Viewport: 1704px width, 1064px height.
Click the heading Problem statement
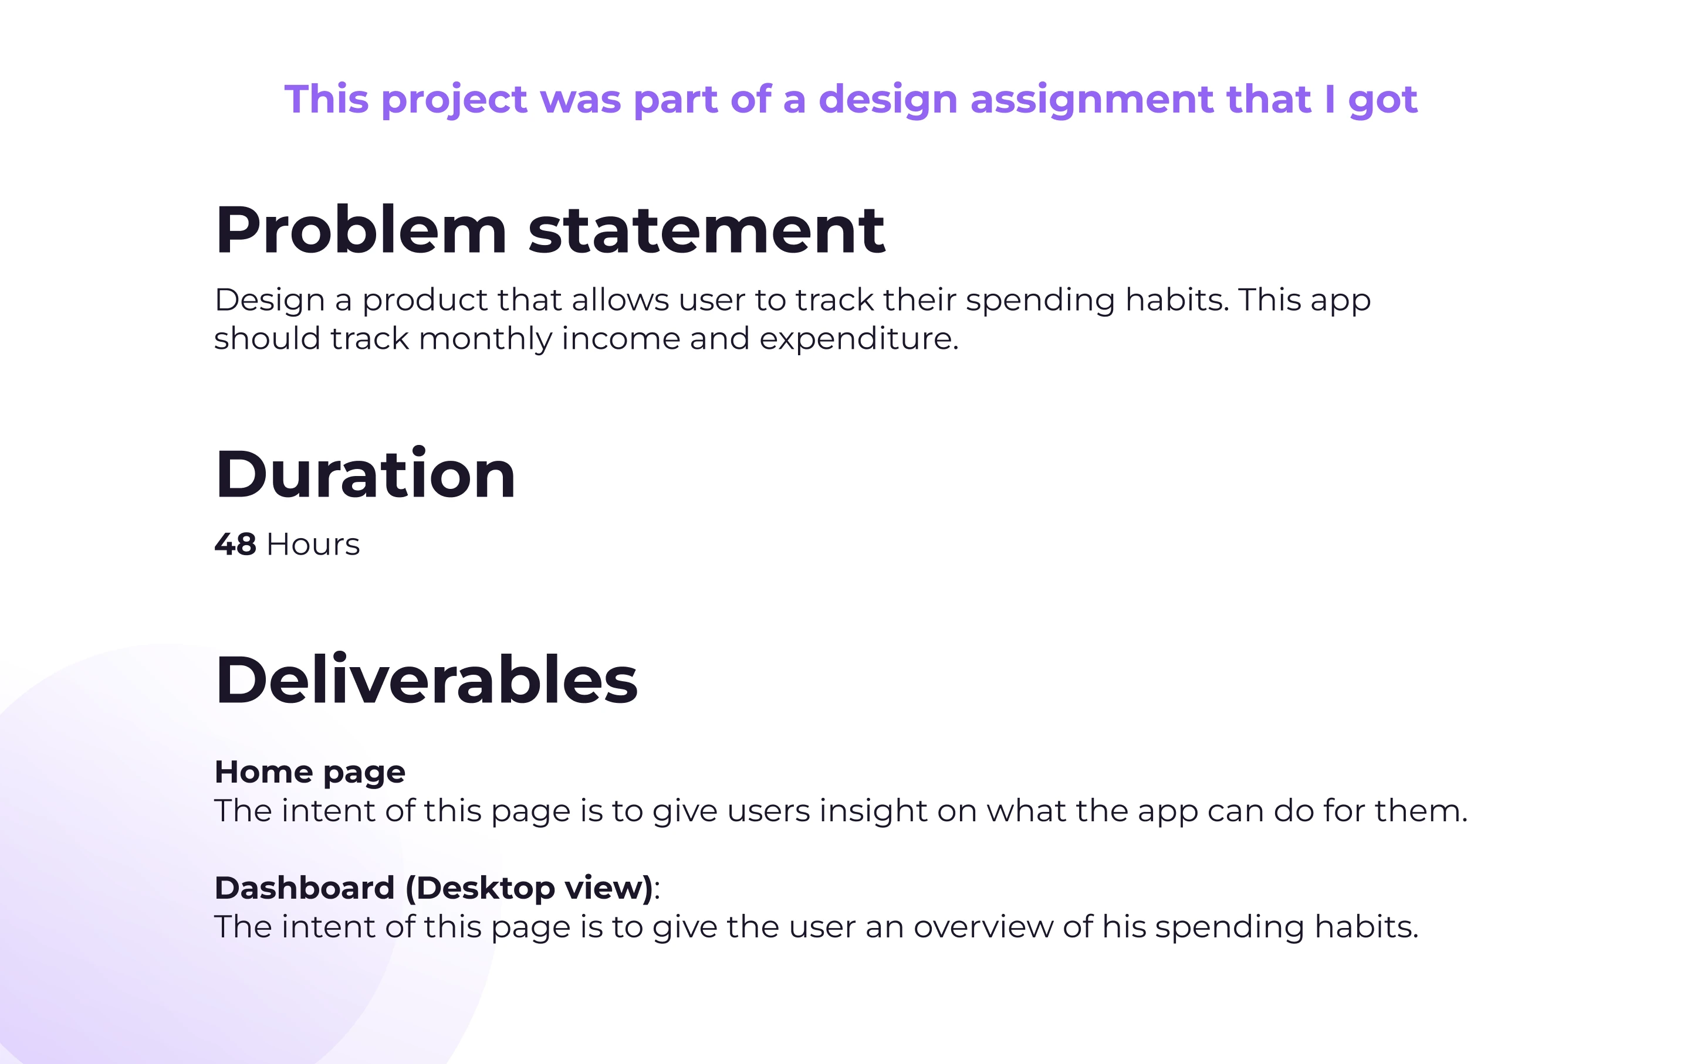pyautogui.click(x=550, y=230)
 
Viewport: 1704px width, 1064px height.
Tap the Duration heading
pyautogui.click(x=366, y=474)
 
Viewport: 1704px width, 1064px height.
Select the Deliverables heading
pyautogui.click(x=427, y=679)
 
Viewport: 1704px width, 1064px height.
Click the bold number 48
pyautogui.click(x=235, y=545)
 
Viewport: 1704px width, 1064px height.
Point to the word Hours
pyautogui.click(x=313, y=545)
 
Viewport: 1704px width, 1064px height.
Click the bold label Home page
pyautogui.click(x=310, y=773)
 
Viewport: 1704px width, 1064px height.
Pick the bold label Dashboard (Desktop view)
pyautogui.click(x=434, y=888)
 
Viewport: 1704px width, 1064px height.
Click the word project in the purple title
pyautogui.click(x=454, y=100)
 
